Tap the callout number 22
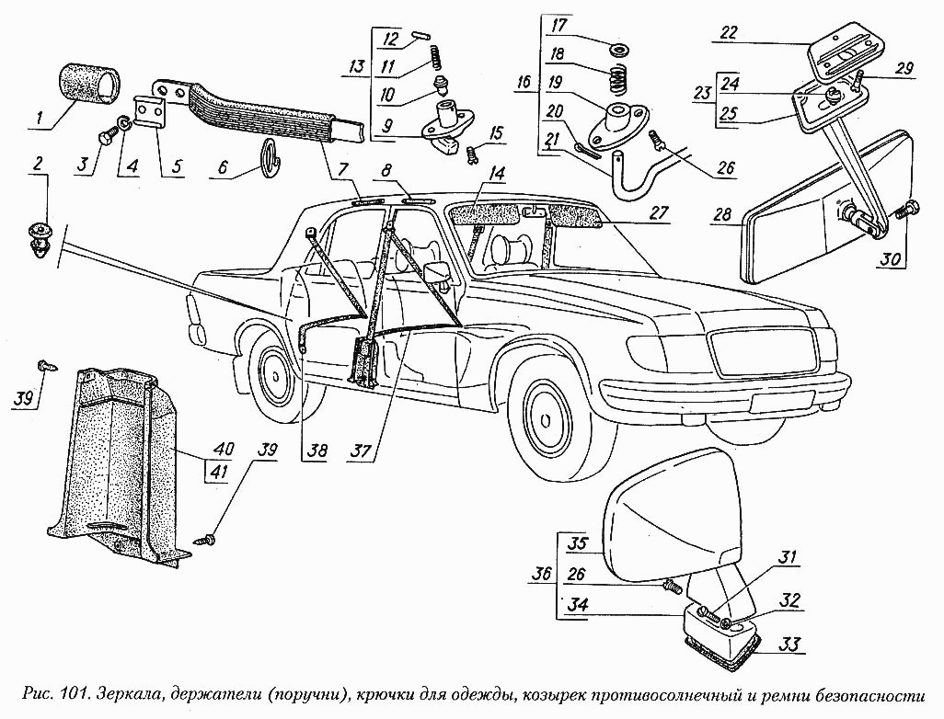click(729, 32)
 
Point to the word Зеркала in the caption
click(143, 693)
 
